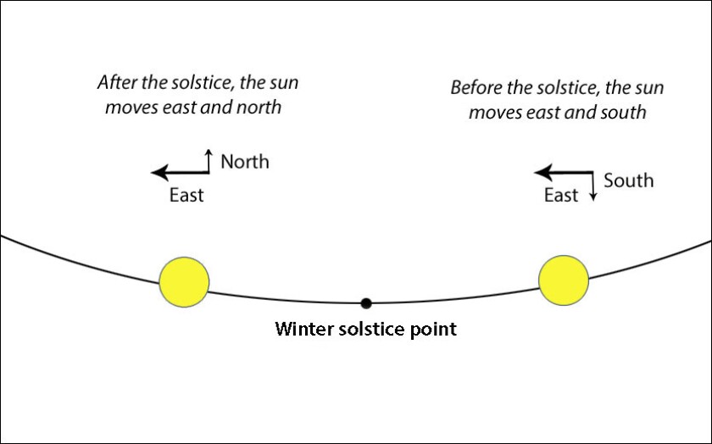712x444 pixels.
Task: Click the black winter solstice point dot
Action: [366, 302]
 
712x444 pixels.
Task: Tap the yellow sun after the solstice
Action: [184, 282]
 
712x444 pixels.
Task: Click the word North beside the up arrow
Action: [244, 161]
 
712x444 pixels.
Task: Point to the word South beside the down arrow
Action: [628, 180]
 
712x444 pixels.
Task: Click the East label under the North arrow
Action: [186, 195]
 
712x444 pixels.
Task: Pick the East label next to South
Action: [561, 196]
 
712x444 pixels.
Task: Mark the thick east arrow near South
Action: [560, 173]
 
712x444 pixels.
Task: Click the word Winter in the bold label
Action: [303, 328]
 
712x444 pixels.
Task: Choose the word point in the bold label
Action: [435, 329]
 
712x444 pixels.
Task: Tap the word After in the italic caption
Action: [117, 84]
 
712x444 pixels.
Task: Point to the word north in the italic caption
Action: [259, 108]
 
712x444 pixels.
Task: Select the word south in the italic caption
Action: [623, 112]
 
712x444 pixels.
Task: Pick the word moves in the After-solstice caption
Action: [128, 108]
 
